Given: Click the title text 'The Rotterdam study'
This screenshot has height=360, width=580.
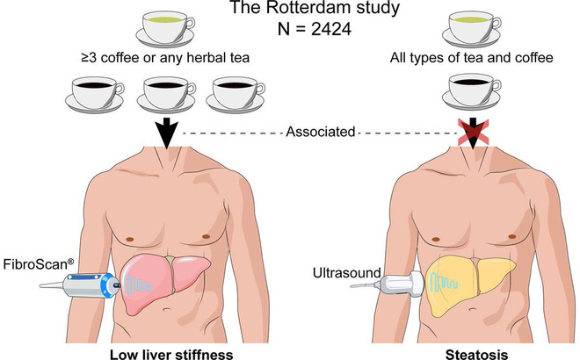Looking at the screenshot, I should (291, 10).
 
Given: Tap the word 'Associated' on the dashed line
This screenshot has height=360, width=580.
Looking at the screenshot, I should (321, 133).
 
